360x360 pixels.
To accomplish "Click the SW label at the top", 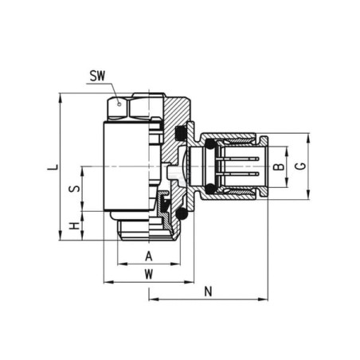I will (x=96, y=76).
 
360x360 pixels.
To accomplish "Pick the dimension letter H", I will (x=73, y=226).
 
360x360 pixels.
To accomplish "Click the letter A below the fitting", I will (x=148, y=256).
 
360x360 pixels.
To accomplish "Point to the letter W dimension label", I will (x=148, y=273).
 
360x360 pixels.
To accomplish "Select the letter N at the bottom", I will (x=209, y=292).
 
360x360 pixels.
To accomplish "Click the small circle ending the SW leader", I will (x=119, y=103).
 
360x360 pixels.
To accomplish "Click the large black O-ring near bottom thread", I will (x=182, y=214).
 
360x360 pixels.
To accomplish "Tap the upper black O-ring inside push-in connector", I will (x=209, y=146).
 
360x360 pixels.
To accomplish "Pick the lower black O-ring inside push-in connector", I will (x=209, y=188).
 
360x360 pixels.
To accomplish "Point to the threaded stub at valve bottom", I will (x=139, y=232).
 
